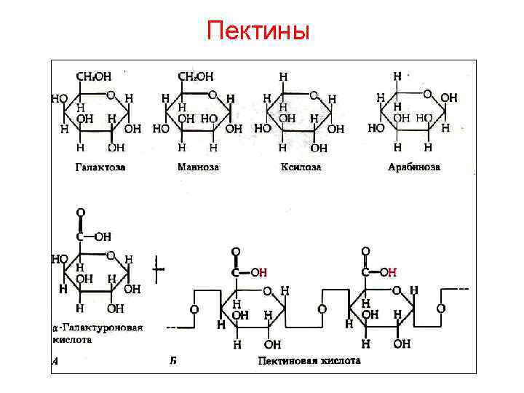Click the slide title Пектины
click(x=258, y=31)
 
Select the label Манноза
click(x=198, y=167)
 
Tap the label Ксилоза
click(x=301, y=167)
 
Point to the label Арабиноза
click(x=414, y=167)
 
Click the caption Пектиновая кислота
click(x=309, y=360)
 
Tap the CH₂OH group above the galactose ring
click(x=94, y=75)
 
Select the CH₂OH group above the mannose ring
click(x=196, y=75)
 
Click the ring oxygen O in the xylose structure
click(x=313, y=95)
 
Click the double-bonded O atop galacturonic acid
click(x=80, y=212)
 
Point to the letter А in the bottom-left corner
click(x=55, y=360)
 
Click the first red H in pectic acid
click(x=263, y=272)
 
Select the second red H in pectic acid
click(x=392, y=272)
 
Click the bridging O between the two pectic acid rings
click(x=322, y=309)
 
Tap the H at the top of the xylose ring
click(x=282, y=75)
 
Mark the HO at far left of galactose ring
click(x=58, y=98)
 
